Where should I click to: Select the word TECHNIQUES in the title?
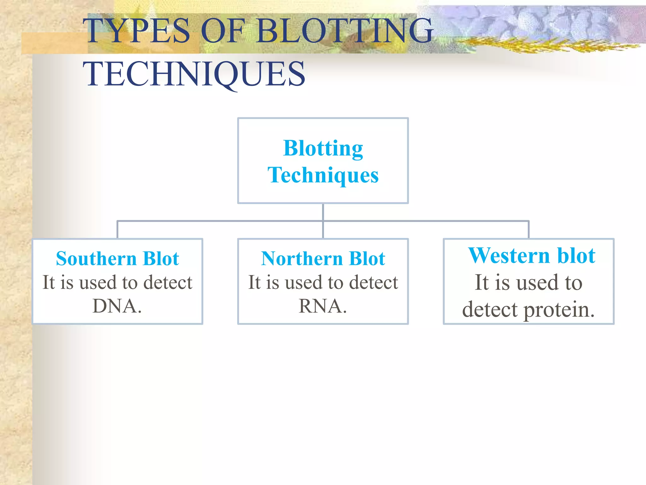194,74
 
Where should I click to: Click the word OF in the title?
223,31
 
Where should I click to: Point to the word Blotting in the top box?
323,148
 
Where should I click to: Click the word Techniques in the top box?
323,175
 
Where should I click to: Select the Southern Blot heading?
117,259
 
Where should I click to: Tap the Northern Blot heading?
323,259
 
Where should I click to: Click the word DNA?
117,306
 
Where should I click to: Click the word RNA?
322,306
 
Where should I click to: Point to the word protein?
559,310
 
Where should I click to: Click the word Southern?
96,259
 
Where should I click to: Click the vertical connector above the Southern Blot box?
117,230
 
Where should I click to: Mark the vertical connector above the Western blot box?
529,230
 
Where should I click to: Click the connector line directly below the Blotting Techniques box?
323,212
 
